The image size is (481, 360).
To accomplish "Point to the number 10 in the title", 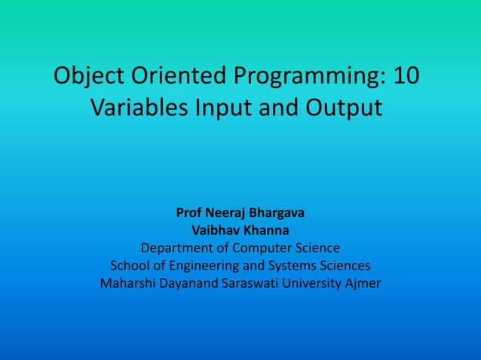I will [407, 78].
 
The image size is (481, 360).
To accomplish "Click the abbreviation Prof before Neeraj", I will [188, 213].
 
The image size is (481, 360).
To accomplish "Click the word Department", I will [176, 248].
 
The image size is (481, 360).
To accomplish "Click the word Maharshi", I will [127, 284].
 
